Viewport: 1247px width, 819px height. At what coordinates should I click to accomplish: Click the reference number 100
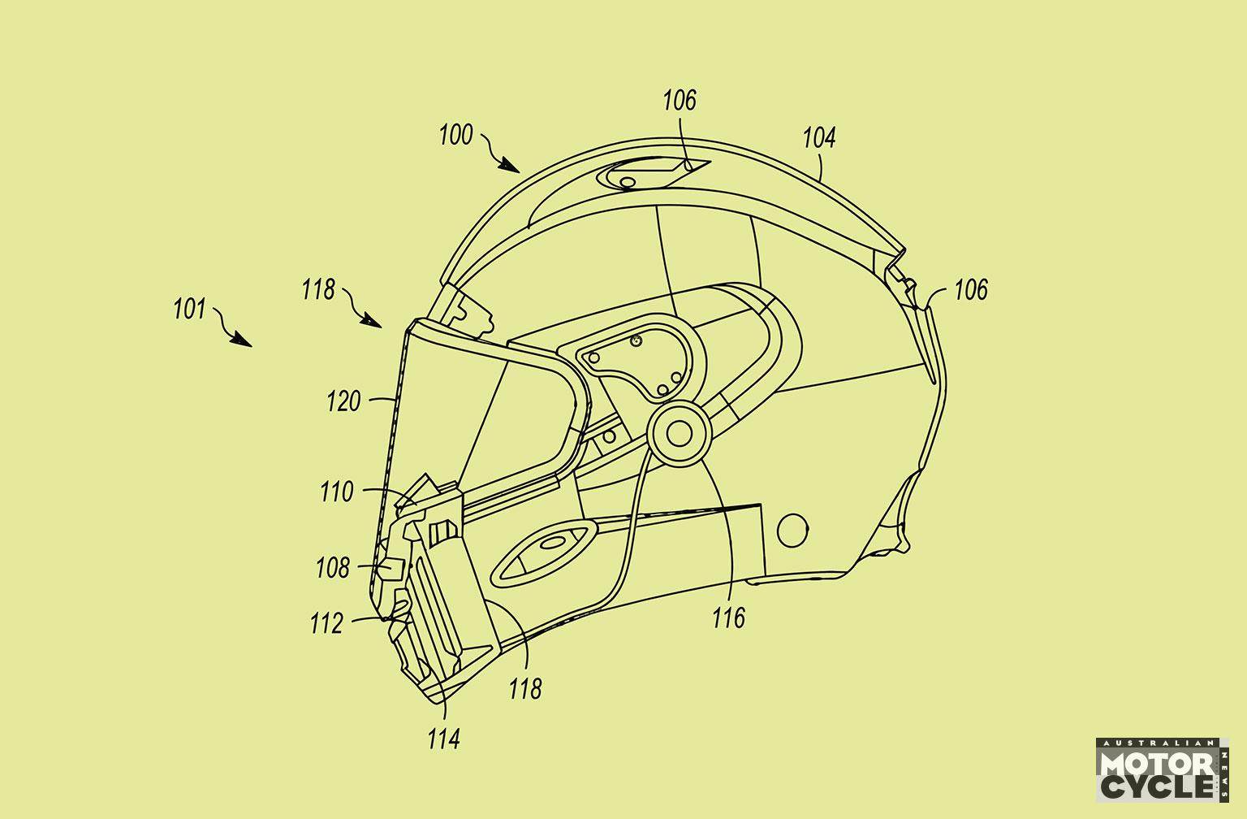tap(456, 135)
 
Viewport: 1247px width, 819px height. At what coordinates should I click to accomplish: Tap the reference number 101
tap(190, 309)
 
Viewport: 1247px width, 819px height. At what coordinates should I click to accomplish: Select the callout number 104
tap(819, 137)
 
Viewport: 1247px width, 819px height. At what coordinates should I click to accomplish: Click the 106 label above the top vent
tap(680, 100)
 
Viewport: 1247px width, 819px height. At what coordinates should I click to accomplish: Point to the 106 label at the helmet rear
tap(972, 290)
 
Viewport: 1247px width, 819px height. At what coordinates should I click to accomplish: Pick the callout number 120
tap(344, 401)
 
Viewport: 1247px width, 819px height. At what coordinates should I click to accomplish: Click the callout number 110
tap(337, 492)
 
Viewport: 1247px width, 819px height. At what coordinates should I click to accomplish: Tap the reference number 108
tap(333, 568)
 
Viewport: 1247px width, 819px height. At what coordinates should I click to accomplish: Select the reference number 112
tap(327, 623)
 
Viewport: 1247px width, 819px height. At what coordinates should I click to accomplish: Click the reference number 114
tap(444, 739)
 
